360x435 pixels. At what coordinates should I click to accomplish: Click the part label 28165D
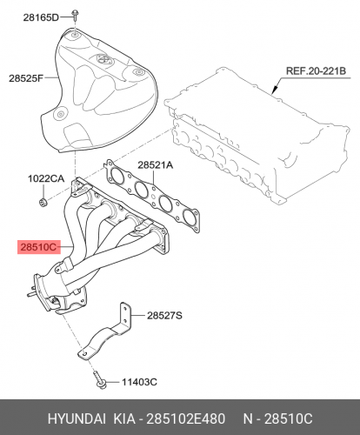tap(41, 17)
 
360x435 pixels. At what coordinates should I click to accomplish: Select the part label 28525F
tap(26, 78)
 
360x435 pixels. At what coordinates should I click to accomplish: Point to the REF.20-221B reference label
tap(316, 71)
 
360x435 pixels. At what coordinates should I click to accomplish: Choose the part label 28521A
tap(155, 165)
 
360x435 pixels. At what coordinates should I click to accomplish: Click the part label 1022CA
tap(46, 178)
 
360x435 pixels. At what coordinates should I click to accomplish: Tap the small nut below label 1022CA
tap(43, 202)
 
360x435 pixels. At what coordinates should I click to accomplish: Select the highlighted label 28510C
tap(38, 247)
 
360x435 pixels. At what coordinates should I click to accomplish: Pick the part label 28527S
tap(164, 315)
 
